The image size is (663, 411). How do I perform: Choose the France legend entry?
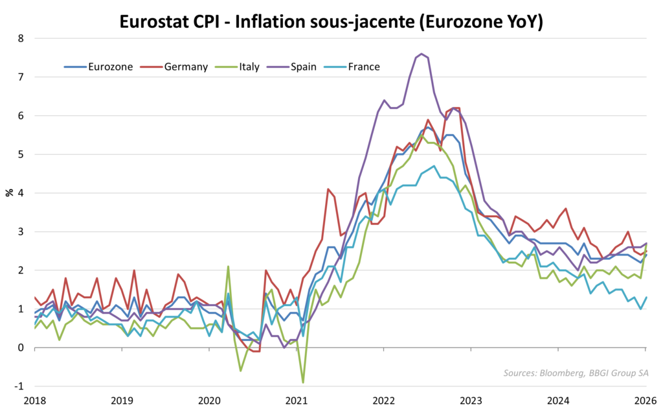coord(363,66)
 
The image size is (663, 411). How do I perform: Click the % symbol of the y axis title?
coord(10,193)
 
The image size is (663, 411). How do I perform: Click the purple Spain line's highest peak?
coord(421,54)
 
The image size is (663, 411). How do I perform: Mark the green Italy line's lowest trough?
coord(303,382)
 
